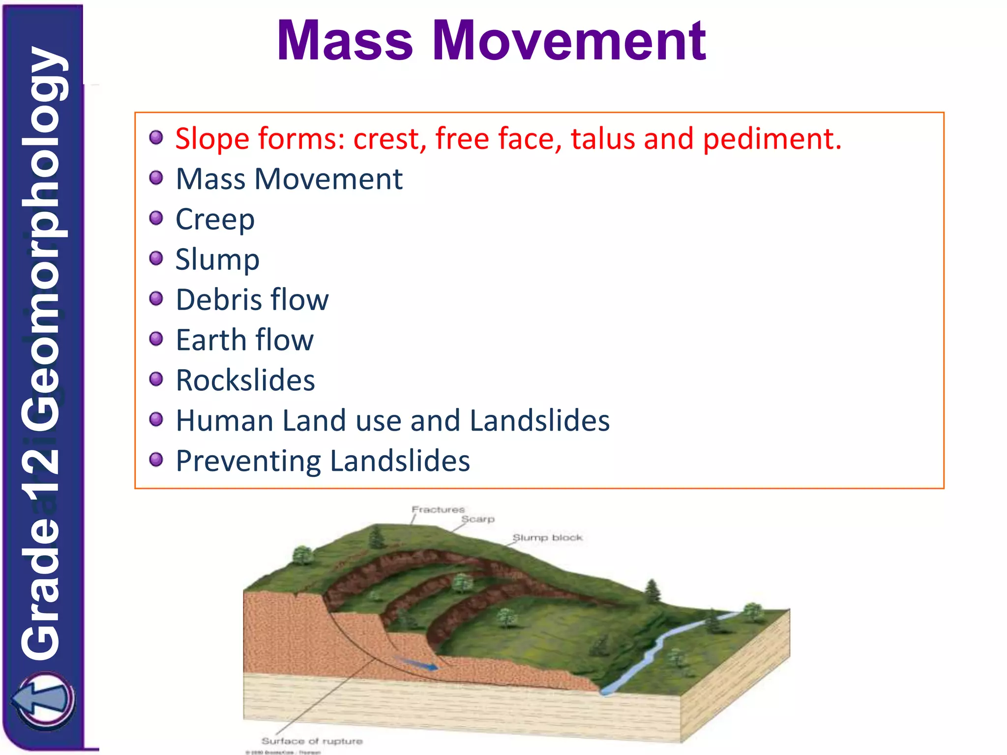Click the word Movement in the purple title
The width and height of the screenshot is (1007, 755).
click(x=569, y=41)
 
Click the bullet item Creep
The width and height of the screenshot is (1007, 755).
click(x=215, y=219)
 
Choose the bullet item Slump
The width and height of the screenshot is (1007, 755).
click(x=217, y=260)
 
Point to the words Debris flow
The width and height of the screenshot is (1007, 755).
click(x=252, y=300)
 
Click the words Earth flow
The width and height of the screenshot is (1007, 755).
click(x=244, y=340)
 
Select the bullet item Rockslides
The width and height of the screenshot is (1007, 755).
click(x=245, y=380)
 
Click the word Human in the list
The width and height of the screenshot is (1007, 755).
click(x=225, y=421)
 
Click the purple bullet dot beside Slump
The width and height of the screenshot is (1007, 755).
click(x=156, y=258)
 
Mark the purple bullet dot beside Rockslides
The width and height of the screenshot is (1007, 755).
click(x=156, y=379)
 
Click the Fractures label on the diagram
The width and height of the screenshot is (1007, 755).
click(x=438, y=510)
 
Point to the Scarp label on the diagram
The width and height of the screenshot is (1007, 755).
click(x=477, y=519)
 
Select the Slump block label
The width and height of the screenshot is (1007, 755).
click(x=547, y=538)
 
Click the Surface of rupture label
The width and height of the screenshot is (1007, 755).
click(x=312, y=741)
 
